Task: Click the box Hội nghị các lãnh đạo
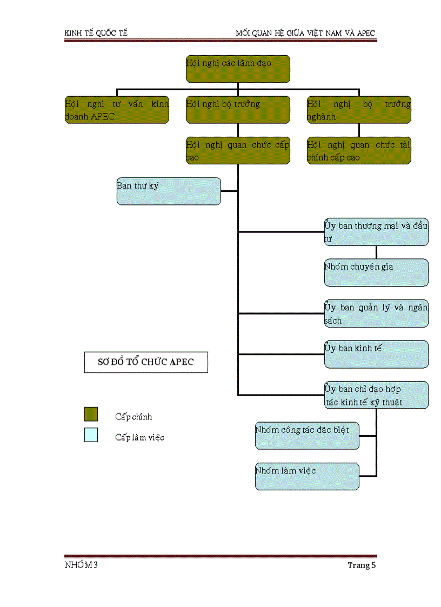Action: coord(238,69)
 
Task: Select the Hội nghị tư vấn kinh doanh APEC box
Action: coord(117,110)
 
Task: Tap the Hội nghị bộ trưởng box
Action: coord(238,110)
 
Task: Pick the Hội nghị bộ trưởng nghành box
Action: coord(359,110)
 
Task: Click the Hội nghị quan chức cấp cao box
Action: coord(238,151)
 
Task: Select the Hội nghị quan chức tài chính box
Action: coord(359,151)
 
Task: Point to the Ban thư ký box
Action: coord(169,191)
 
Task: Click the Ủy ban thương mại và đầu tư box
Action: coord(376,232)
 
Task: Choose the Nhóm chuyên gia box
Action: coord(376,272)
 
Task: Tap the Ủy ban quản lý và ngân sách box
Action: coord(376,313)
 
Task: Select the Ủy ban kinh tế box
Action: coord(376,354)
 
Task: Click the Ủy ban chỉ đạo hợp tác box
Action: coord(376,395)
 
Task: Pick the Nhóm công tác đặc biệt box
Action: coord(307,436)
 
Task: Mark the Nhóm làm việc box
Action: coord(307,476)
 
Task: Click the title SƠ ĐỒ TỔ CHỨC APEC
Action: coord(146,362)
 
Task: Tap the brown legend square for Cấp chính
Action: coord(91,415)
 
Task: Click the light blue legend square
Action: coord(91,435)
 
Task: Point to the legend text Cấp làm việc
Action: coord(139,437)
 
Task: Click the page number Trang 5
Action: coord(362,565)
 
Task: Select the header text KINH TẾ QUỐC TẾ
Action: coord(96,34)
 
